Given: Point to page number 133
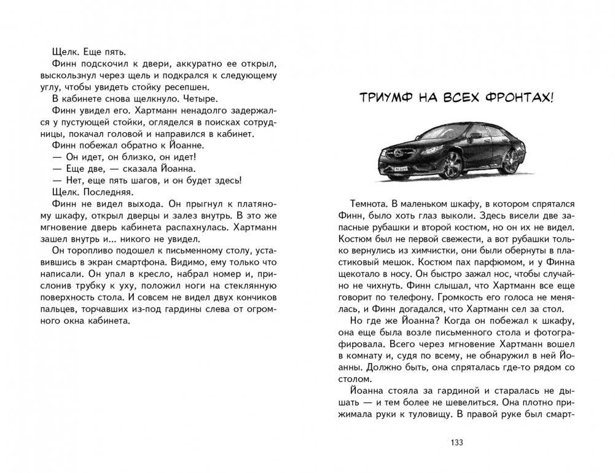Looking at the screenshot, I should pos(456,442).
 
